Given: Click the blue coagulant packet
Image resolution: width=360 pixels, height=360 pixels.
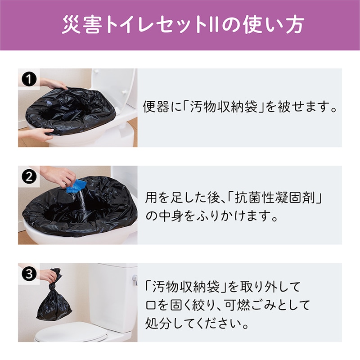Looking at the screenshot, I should point(77,185).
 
